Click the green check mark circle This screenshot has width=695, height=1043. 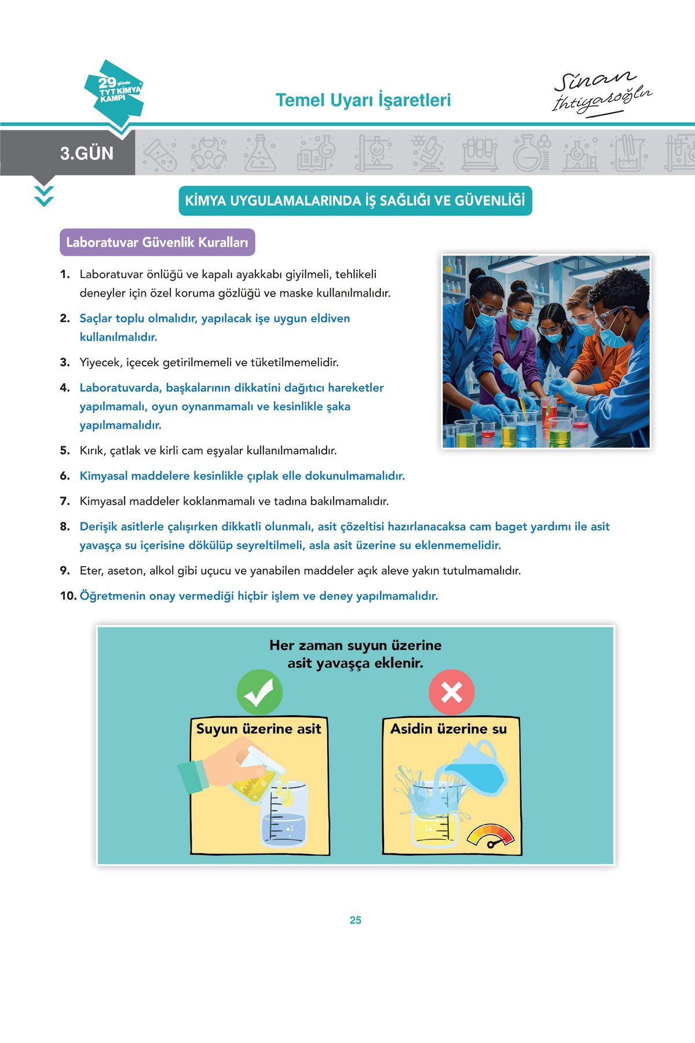pyautogui.click(x=259, y=692)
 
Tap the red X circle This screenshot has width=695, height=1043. pyautogui.click(x=452, y=692)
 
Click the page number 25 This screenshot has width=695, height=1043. pyautogui.click(x=355, y=920)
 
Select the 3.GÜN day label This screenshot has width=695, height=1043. pyautogui.click(x=87, y=154)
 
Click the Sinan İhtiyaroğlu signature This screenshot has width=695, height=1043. pyautogui.click(x=601, y=93)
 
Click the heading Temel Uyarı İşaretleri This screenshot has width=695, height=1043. pyautogui.click(x=363, y=100)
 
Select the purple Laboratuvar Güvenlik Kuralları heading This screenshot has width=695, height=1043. pyautogui.click(x=157, y=242)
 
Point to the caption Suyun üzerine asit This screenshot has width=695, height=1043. pyautogui.click(x=258, y=729)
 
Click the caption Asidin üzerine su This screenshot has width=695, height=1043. pyautogui.click(x=448, y=729)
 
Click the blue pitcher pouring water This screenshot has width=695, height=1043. pyautogui.click(x=475, y=771)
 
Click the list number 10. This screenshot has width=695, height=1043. pyautogui.click(x=68, y=596)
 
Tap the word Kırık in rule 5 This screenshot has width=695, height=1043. pyautogui.click(x=93, y=451)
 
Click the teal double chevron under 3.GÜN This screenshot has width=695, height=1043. pyautogui.click(x=44, y=196)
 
